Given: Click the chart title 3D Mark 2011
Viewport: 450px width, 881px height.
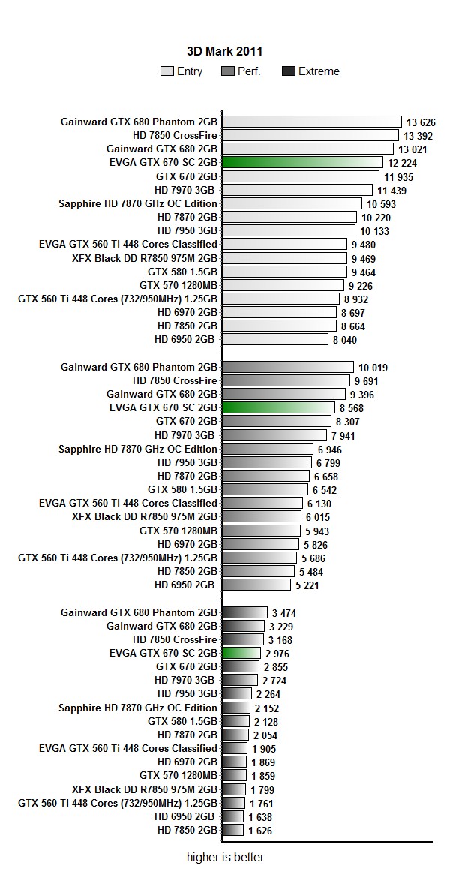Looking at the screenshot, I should (224, 51).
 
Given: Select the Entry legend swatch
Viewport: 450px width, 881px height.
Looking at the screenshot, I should (166, 71).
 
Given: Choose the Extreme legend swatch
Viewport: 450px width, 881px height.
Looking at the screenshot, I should (288, 71).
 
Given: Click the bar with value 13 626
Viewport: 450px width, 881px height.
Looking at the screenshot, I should (312, 122).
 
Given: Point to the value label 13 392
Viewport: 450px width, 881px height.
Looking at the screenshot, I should (419, 136).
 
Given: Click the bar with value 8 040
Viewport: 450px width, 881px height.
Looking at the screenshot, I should (275, 339).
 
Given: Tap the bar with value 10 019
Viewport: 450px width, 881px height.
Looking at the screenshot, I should (288, 367).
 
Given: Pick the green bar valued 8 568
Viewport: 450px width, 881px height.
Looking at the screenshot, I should (278, 407).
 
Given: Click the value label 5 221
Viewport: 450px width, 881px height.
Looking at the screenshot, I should (307, 585).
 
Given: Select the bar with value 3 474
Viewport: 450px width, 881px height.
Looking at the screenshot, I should (244, 612).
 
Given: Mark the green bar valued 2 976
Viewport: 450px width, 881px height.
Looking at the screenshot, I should (241, 653).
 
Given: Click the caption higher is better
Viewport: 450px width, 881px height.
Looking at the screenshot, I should (225, 857).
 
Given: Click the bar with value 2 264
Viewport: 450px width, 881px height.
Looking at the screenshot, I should (237, 693).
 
